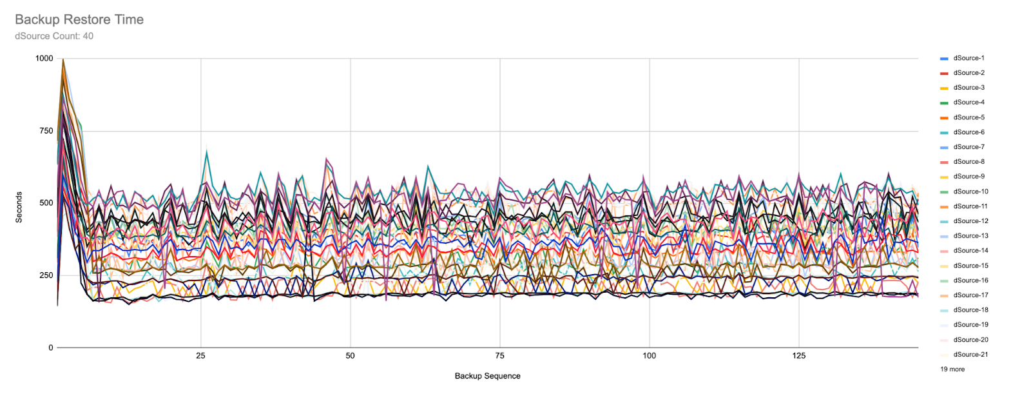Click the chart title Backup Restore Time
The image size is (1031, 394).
(79, 19)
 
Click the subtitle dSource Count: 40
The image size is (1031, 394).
(54, 36)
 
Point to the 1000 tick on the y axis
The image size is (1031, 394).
(44, 59)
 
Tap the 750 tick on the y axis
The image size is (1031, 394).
(46, 131)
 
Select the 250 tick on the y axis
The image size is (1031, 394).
(46, 275)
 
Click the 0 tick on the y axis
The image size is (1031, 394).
(51, 348)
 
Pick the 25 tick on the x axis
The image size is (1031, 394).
(200, 356)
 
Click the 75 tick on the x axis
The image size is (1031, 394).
(499, 356)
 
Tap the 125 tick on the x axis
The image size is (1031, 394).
(798, 356)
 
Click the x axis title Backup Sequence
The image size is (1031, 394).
(487, 376)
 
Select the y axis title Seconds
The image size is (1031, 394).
(19, 207)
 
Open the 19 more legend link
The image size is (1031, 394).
(952, 369)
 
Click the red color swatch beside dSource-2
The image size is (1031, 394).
(944, 74)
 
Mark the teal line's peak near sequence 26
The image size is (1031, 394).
(207, 151)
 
